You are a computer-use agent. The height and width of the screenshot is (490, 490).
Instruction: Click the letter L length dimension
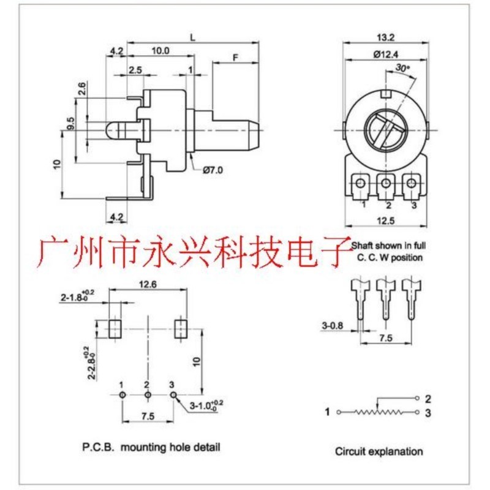[x=193, y=37]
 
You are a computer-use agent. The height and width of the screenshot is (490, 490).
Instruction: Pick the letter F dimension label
[x=235, y=56]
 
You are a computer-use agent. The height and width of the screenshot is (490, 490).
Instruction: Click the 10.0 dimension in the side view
[x=161, y=51]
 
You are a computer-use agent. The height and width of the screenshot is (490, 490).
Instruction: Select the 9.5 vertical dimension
[x=71, y=123]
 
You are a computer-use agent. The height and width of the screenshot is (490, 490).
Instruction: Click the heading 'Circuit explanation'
[x=379, y=451]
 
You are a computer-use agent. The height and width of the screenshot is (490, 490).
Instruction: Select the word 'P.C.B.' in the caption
[x=98, y=447]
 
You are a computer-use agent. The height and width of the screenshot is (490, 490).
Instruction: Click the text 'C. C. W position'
[x=390, y=257]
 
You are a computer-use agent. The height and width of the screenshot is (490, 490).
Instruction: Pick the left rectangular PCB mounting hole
[x=115, y=328]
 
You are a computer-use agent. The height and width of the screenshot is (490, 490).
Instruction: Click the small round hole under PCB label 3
[x=173, y=396]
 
